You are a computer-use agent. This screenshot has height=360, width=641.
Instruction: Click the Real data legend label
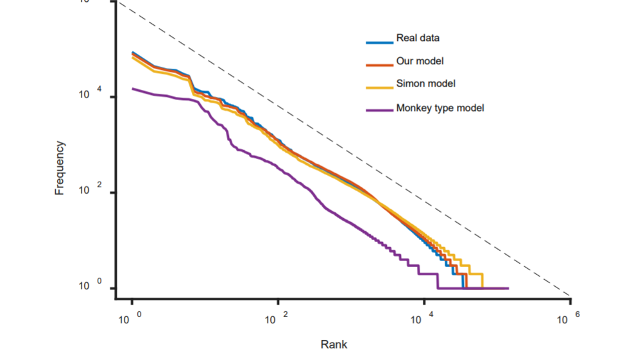pyautogui.click(x=418, y=39)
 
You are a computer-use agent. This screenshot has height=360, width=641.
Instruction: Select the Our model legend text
pyautogui.click(x=420, y=62)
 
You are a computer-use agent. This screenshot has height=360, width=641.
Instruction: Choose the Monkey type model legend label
pyautogui.click(x=440, y=108)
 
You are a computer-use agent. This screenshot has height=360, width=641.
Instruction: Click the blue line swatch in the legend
pyautogui.click(x=379, y=42)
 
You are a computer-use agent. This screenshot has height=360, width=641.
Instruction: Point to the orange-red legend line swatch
pyautogui.click(x=379, y=65)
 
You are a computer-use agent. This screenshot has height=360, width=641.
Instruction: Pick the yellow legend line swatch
pyautogui.click(x=379, y=88)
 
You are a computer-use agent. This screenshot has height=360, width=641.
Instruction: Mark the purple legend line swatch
pyautogui.click(x=379, y=110)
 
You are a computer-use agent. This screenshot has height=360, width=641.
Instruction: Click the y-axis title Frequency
pyautogui.click(x=60, y=168)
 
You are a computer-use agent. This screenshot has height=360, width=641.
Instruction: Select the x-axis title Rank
pyautogui.click(x=334, y=345)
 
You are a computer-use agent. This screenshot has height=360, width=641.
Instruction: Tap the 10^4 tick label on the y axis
pyautogui.click(x=88, y=95)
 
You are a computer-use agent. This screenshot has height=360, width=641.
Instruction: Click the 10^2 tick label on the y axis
pyautogui.click(x=88, y=191)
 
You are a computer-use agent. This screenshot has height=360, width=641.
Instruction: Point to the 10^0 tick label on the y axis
pyautogui.click(x=88, y=286)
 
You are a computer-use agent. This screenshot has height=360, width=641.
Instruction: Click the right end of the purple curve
pyautogui.click(x=508, y=288)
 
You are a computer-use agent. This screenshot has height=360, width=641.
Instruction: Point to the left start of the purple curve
pyautogui.click(x=132, y=89)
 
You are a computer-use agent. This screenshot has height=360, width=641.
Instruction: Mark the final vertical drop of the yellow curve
pyautogui.click(x=482, y=280)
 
